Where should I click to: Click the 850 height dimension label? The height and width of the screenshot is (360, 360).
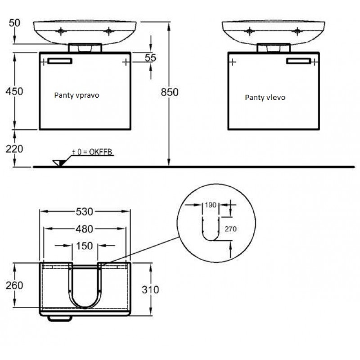pyautogui.click(x=170, y=92)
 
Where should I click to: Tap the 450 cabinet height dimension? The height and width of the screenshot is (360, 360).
pyautogui.click(x=14, y=91)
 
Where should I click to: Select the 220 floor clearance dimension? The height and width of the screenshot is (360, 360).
pyautogui.click(x=14, y=149)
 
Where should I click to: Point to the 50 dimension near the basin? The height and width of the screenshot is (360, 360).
pyautogui.click(x=14, y=23)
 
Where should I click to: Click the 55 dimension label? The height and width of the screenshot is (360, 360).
pyautogui.click(x=150, y=58)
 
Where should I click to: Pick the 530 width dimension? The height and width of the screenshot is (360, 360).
pyautogui.click(x=85, y=211)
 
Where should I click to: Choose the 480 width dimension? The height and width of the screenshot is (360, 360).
pyautogui.click(x=85, y=229)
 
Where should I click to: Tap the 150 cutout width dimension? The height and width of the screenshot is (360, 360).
pyautogui.click(x=85, y=246)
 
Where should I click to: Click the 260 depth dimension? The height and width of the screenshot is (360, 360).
pyautogui.click(x=14, y=285)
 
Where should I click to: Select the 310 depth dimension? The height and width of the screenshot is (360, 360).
pyautogui.click(x=150, y=290)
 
